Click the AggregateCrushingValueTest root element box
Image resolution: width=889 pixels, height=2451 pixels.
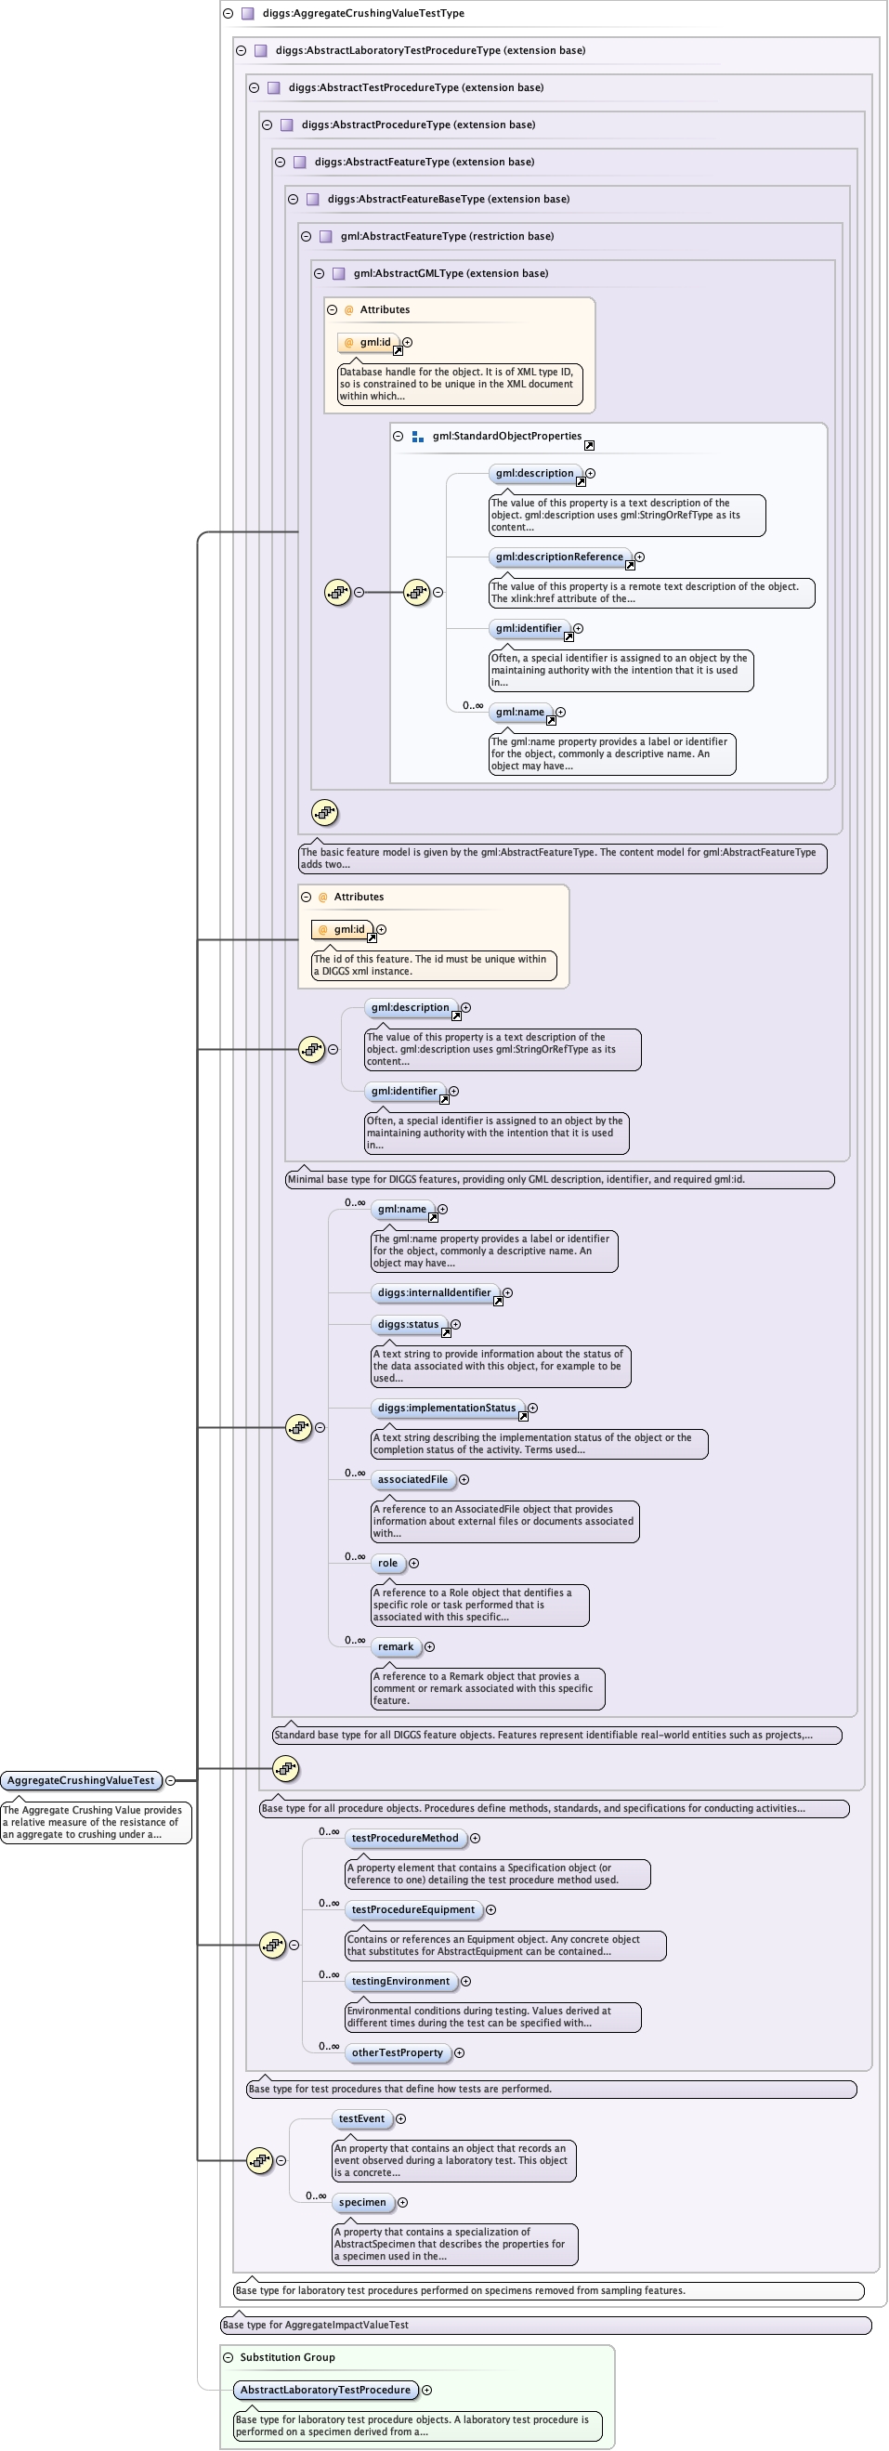(81, 1780)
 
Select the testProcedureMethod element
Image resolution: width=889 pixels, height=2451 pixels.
(405, 1838)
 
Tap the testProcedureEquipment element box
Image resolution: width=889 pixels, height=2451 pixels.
(412, 1909)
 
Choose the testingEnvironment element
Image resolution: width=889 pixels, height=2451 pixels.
(400, 1981)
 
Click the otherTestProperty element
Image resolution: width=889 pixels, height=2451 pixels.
(398, 2052)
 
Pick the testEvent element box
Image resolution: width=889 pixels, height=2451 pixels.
(361, 2119)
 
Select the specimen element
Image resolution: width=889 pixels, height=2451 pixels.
(362, 2202)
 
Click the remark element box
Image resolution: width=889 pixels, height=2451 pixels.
(396, 1646)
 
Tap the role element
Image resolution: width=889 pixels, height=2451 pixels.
(388, 1563)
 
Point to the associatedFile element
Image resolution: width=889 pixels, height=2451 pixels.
(412, 1479)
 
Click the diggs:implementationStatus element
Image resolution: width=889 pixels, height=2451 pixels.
(447, 1409)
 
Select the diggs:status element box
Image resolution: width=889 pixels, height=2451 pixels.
(408, 1325)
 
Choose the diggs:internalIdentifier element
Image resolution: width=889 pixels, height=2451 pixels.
(435, 1293)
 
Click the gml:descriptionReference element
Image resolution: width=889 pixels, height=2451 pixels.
(559, 557)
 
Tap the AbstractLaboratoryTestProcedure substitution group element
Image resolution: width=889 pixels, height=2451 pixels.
(325, 2389)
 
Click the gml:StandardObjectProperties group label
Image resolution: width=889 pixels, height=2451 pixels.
(507, 436)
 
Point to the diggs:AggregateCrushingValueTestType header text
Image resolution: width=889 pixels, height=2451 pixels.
(363, 13)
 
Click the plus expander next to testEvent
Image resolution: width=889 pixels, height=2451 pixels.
(400, 2119)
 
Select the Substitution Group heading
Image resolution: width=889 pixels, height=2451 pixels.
(287, 2357)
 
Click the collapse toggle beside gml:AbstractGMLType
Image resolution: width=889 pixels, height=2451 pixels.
(320, 273)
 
